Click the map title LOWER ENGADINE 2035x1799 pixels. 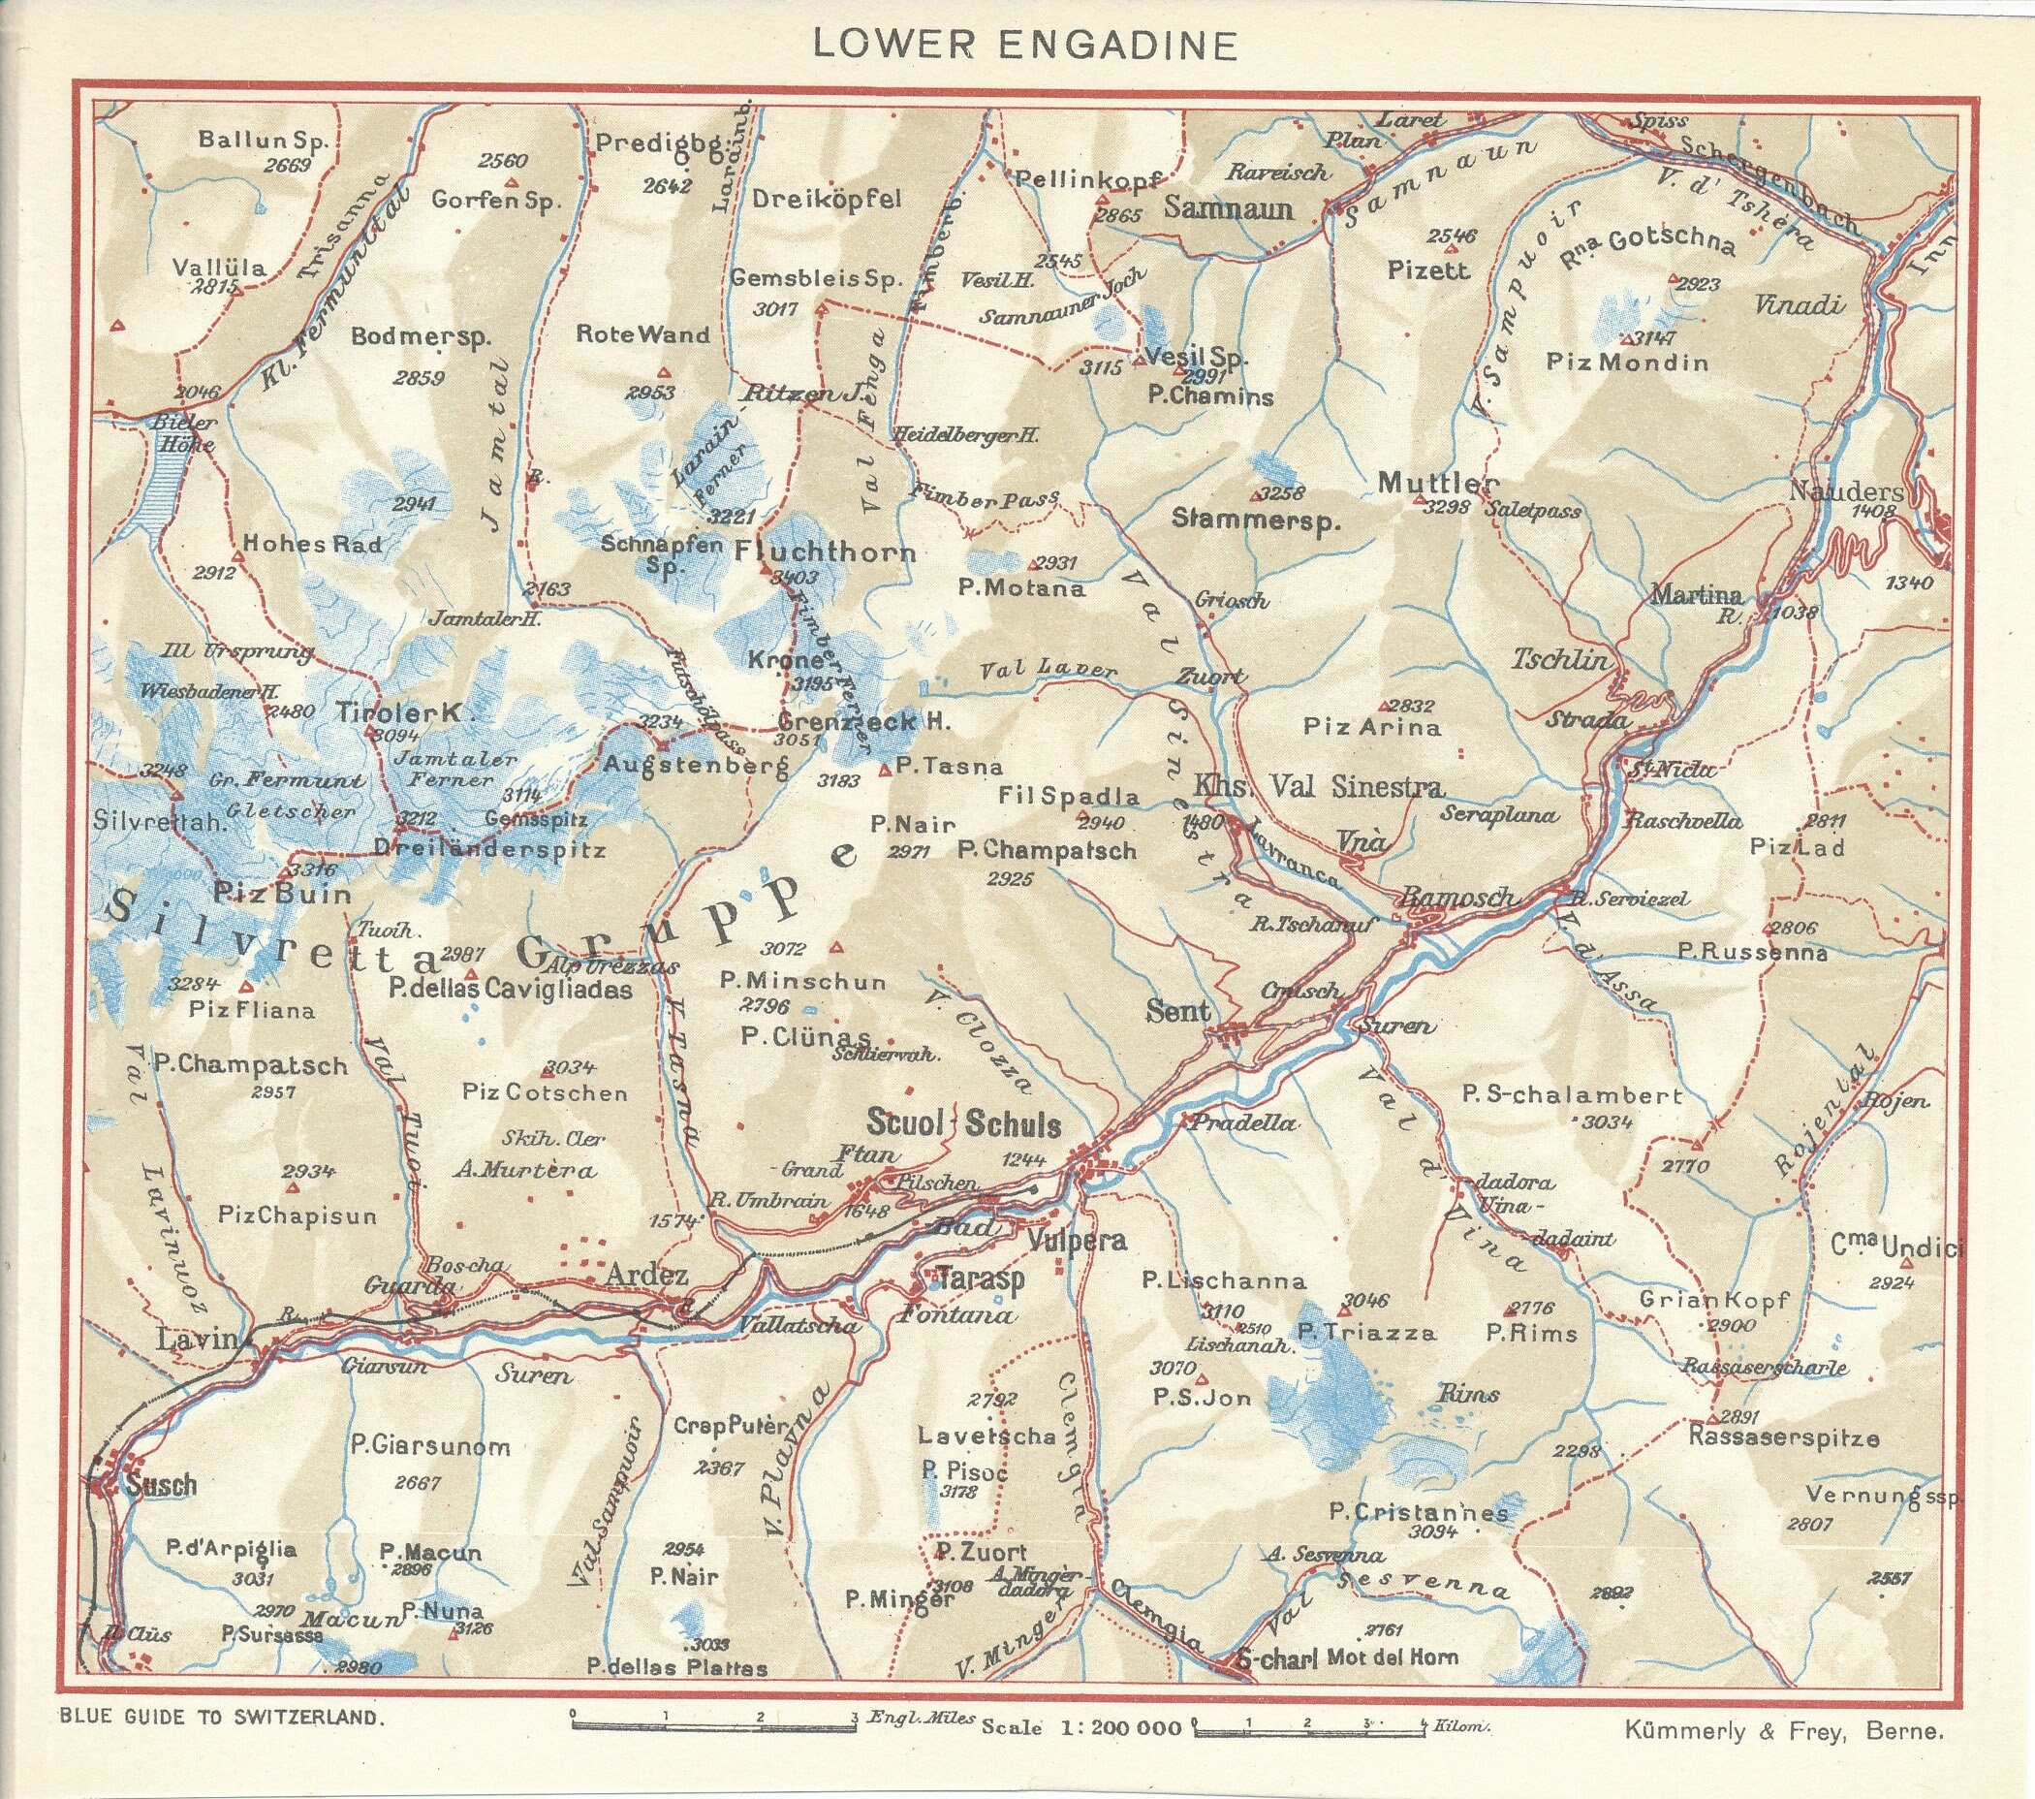tap(1024, 45)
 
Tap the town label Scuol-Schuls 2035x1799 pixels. tap(962, 1124)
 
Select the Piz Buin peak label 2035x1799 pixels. tap(284, 893)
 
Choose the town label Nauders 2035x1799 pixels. tap(1845, 490)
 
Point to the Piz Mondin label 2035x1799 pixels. tap(1627, 362)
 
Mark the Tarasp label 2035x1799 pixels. tap(981, 1279)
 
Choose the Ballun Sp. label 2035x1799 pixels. tap(262, 140)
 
